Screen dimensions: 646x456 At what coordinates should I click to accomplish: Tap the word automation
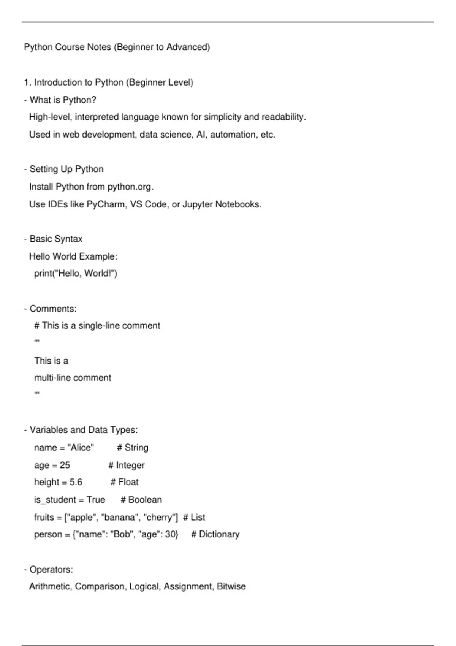point(233,135)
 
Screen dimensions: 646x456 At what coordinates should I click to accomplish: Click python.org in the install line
point(130,187)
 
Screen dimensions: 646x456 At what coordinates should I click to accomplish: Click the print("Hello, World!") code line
point(76,274)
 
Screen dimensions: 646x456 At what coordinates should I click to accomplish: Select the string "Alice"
point(81,448)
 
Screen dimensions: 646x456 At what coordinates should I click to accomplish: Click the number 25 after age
point(65,465)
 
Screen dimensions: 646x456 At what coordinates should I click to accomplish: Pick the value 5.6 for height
point(76,482)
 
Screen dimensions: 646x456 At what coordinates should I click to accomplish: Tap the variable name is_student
point(55,500)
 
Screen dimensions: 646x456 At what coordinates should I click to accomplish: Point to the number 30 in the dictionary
point(171,534)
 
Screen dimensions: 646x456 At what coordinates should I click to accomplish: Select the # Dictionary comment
point(215,534)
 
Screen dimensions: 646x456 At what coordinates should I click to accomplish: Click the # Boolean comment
point(141,500)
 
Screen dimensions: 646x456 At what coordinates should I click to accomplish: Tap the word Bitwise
point(231,587)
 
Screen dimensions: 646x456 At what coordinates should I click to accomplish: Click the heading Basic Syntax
point(56,239)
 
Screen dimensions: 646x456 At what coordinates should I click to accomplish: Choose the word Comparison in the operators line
point(100,587)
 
